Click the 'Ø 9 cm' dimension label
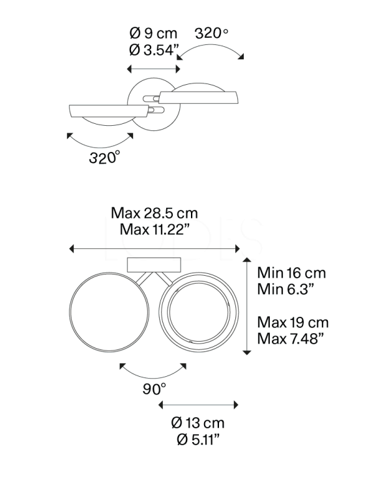tap(153, 33)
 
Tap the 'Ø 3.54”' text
tap(154, 50)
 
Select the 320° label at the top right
tap(211, 33)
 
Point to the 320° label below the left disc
tap(104, 157)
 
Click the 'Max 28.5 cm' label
tap(154, 213)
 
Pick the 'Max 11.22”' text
tap(154, 229)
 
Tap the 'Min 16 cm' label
tap(291, 273)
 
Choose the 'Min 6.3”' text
tap(285, 289)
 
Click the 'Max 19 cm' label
tap(293, 323)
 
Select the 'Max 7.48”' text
tap(291, 338)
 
